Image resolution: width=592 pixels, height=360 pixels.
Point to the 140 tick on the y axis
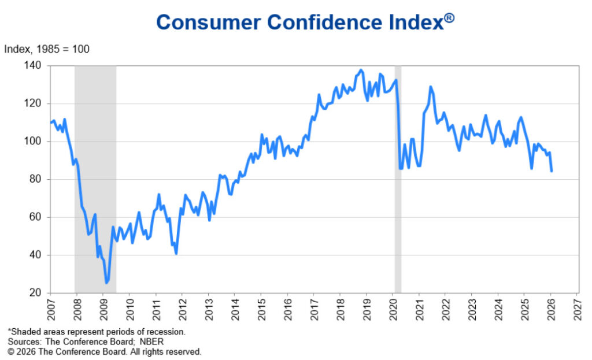[33, 65]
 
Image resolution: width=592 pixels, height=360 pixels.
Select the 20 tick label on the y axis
[36, 293]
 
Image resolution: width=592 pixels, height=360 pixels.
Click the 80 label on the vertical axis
[36, 179]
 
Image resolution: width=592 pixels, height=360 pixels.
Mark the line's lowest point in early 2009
[106, 283]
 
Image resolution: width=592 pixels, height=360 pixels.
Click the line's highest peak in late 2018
[361, 70]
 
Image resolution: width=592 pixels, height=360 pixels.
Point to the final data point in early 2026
[551, 170]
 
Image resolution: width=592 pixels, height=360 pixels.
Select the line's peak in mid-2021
[430, 87]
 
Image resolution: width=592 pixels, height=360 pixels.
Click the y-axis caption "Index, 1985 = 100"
[47, 49]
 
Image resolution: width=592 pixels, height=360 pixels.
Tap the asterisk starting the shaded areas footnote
[9, 331]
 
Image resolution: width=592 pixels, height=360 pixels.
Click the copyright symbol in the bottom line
[10, 351]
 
